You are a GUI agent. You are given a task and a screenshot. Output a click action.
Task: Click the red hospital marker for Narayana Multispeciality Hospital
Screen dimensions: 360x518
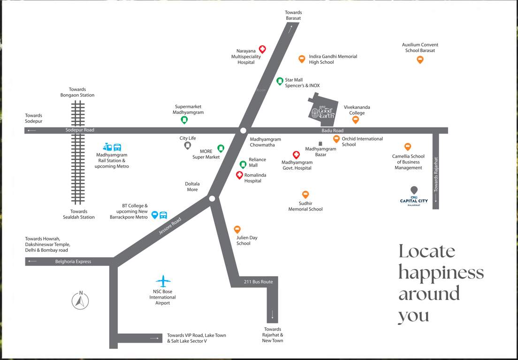263,49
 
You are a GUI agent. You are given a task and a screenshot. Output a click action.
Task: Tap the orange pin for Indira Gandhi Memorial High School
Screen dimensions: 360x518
302,59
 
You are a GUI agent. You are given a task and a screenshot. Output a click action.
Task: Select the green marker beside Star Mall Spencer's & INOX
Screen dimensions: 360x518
280,81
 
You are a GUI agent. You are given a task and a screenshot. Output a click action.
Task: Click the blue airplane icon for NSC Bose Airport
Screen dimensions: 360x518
163,281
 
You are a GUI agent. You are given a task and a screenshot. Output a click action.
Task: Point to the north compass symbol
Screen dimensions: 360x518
80,300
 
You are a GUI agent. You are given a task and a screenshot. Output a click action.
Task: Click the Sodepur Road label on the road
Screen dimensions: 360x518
80,130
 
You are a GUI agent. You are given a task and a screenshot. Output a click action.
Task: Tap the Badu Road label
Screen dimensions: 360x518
332,130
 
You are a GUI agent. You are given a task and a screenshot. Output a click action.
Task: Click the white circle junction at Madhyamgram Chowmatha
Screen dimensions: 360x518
243,130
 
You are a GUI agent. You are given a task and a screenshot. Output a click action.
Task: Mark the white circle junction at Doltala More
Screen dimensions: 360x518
212,199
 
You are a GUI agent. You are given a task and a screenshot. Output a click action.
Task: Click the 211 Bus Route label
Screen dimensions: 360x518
258,282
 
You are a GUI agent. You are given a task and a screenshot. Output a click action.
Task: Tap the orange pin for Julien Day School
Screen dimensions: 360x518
237,229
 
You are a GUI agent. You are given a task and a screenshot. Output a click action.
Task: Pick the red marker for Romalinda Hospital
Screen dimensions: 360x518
239,175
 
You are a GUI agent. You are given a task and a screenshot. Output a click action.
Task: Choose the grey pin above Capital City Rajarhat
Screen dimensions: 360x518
413,190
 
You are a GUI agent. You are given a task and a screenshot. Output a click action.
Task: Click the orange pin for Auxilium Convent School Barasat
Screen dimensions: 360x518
420,60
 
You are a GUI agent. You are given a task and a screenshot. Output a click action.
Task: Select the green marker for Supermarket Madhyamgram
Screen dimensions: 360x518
184,120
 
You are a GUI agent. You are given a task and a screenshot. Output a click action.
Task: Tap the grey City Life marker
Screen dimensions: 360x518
188,146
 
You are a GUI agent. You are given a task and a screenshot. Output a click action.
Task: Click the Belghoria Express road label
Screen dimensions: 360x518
73,262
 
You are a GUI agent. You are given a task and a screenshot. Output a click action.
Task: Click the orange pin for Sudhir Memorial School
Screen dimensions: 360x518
305,195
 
